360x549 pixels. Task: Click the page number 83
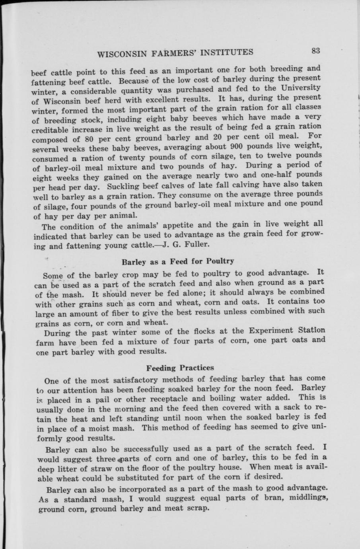click(x=316, y=51)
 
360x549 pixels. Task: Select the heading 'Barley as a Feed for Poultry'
click(x=177, y=262)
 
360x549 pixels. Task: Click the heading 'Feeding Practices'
click(x=180, y=367)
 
